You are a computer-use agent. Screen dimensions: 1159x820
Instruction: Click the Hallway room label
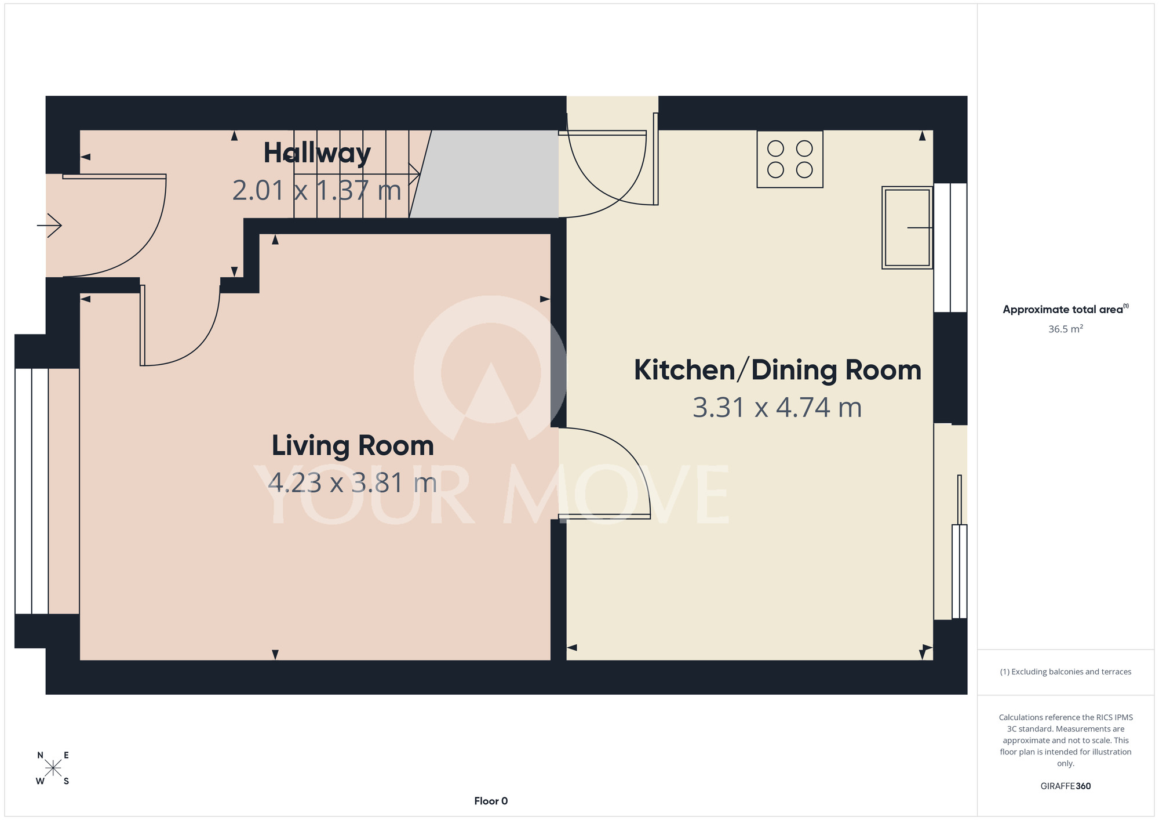(317, 154)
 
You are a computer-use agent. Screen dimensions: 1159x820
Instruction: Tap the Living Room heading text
(353, 445)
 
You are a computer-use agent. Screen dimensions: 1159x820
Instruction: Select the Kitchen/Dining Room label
(778, 370)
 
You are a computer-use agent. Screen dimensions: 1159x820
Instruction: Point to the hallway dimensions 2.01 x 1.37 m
(317, 190)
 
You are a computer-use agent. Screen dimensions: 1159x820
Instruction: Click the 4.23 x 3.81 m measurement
(353, 483)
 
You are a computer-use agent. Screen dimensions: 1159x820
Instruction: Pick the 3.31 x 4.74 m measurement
(778, 408)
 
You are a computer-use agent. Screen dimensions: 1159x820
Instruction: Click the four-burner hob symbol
(790, 159)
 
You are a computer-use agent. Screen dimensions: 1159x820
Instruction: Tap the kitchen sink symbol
(907, 227)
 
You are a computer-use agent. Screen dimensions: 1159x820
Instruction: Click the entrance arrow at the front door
(50, 226)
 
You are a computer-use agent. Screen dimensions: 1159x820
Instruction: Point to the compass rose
(53, 768)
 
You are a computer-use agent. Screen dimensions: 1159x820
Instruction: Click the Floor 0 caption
(491, 801)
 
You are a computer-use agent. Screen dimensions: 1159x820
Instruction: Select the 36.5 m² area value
(1066, 329)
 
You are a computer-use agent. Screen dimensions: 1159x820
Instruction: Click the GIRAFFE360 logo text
(1066, 786)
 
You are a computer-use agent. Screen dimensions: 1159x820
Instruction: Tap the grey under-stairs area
(487, 174)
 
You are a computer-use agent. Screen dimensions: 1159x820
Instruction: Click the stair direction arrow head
(415, 174)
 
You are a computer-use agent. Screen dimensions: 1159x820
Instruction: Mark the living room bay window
(32, 491)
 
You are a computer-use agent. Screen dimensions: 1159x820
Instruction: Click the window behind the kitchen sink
(950, 248)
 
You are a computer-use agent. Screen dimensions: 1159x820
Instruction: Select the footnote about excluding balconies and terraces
(1066, 672)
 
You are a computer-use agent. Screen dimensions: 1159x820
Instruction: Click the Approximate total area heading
(1066, 309)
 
